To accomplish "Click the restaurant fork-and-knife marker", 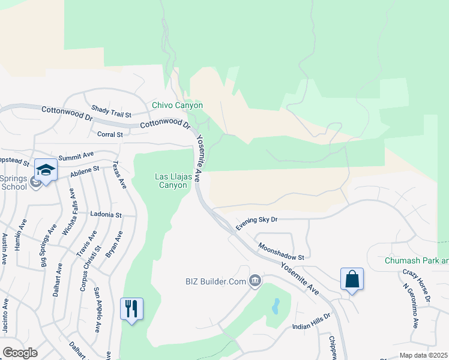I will (132, 309).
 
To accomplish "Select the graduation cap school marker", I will (46, 170).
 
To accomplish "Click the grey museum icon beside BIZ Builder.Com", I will (255, 281).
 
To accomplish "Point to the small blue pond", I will (275, 307).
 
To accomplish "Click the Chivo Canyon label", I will (177, 105).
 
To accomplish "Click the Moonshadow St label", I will (282, 251).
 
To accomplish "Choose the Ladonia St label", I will (106, 214).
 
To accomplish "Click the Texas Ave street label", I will (120, 175).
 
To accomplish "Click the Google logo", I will (20, 353).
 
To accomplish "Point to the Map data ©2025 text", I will (424, 356).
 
